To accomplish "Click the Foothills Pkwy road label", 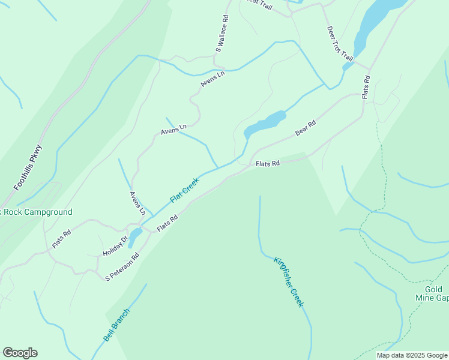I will (28, 169).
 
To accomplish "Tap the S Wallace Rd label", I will (223, 34).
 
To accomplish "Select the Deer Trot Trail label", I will (339, 43).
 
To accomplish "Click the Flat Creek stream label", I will (184, 190).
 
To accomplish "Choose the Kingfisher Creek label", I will (289, 282).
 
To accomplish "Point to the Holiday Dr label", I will (116, 245).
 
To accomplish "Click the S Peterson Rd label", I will (122, 267).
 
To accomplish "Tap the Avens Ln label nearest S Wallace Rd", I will (212, 79).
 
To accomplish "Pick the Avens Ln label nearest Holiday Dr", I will (137, 203).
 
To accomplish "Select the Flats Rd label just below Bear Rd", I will (268, 163).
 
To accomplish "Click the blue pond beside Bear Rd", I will (265, 124).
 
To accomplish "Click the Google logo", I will (20, 353).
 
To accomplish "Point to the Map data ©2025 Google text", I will (411, 355).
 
